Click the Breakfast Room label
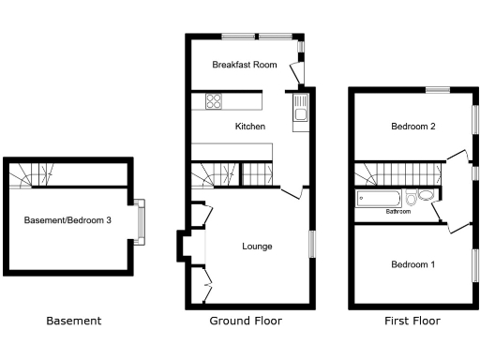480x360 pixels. (x=244, y=65)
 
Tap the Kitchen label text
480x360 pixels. (x=249, y=126)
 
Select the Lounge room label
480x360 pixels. (x=257, y=247)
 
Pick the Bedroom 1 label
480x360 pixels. (x=412, y=264)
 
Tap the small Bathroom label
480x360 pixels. (x=398, y=212)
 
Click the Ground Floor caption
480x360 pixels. (x=246, y=321)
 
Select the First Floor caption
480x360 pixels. (x=412, y=321)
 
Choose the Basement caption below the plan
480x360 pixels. (x=74, y=321)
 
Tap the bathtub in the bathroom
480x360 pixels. (x=380, y=199)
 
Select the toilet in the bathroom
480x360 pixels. (x=425, y=197)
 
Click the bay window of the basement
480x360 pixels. (x=142, y=221)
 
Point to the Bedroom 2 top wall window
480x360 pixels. (x=437, y=90)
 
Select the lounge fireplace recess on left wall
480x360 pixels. (x=183, y=247)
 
